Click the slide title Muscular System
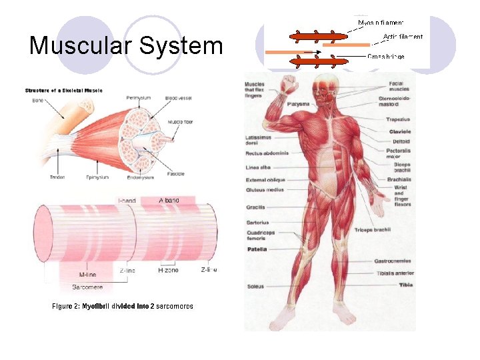pos(126,46)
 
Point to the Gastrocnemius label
pos(392,261)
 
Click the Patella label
pos(257,249)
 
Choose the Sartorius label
pos(257,222)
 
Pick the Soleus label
pos(255,287)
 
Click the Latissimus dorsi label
pos(257,140)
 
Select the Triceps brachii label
pos(372,230)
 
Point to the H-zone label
pos(169,271)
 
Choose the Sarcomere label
pos(87,287)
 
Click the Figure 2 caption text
pos(123,306)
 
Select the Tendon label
pos(57,177)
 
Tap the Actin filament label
pos(403,37)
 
